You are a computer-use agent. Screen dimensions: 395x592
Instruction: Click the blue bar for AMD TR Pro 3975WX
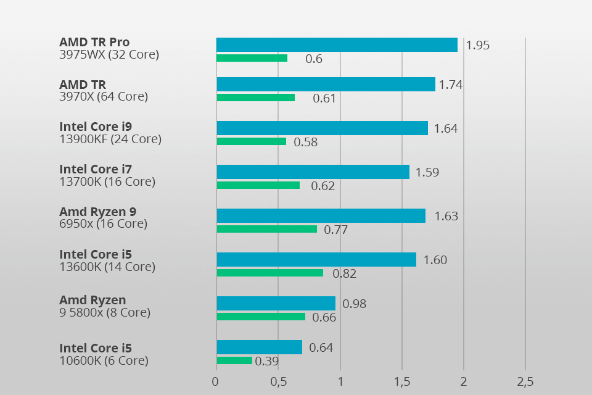(337, 44)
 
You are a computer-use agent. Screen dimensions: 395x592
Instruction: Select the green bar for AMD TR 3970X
(255, 98)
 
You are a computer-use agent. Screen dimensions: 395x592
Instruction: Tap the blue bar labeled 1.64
(322, 128)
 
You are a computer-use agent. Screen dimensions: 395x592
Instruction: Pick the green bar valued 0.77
(266, 229)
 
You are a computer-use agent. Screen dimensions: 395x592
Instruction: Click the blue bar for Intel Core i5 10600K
(259, 347)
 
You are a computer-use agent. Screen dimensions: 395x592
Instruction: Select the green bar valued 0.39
(234, 360)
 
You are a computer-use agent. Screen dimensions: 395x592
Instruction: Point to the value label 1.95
(478, 45)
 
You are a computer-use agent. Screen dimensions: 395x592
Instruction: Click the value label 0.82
(345, 274)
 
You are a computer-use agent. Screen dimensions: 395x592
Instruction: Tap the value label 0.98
(355, 304)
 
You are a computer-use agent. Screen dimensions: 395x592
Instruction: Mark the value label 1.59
(427, 172)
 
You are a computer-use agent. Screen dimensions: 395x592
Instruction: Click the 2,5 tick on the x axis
(525, 382)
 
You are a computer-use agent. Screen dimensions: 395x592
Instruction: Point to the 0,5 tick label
(278, 382)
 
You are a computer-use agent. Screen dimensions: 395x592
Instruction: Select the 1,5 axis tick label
(401, 382)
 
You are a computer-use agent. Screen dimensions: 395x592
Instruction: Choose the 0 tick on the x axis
(215, 382)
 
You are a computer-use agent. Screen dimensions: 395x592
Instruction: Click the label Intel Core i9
(96, 127)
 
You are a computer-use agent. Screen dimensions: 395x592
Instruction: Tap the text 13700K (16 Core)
(107, 181)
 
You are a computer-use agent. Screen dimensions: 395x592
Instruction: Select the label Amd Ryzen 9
(97, 212)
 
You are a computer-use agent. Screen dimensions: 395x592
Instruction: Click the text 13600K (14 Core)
(107, 267)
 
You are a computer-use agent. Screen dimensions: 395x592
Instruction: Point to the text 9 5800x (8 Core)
(105, 312)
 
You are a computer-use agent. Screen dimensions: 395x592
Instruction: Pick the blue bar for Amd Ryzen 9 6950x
(321, 215)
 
